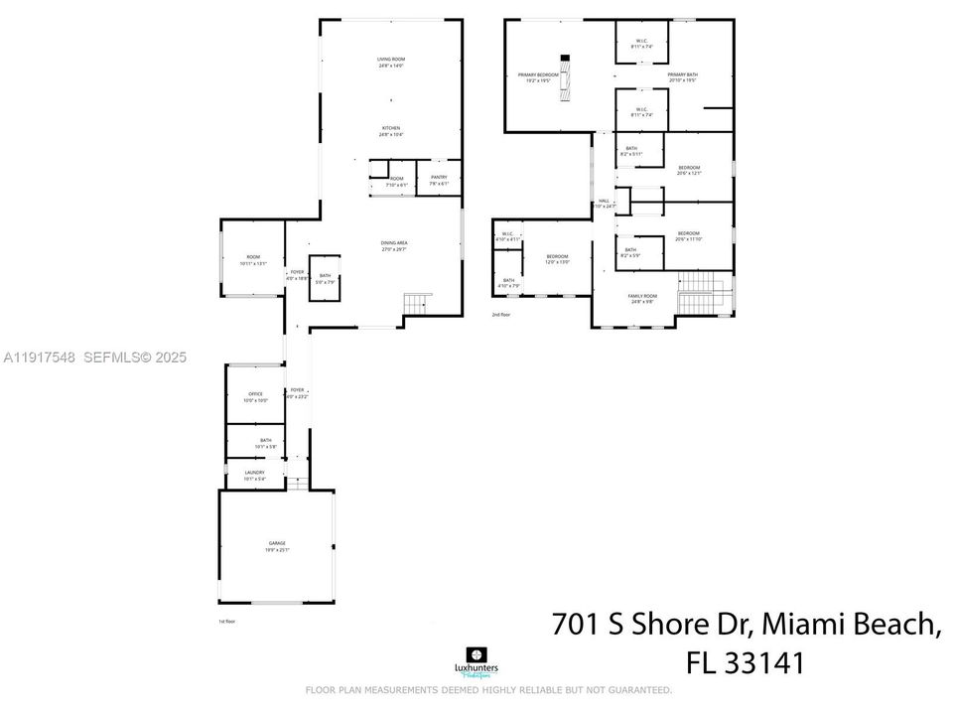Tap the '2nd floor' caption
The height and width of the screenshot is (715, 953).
(500, 315)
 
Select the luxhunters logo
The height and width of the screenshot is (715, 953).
(476, 660)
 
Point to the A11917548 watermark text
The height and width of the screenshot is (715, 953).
(39, 357)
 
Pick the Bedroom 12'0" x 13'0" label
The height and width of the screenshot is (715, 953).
(558, 259)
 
